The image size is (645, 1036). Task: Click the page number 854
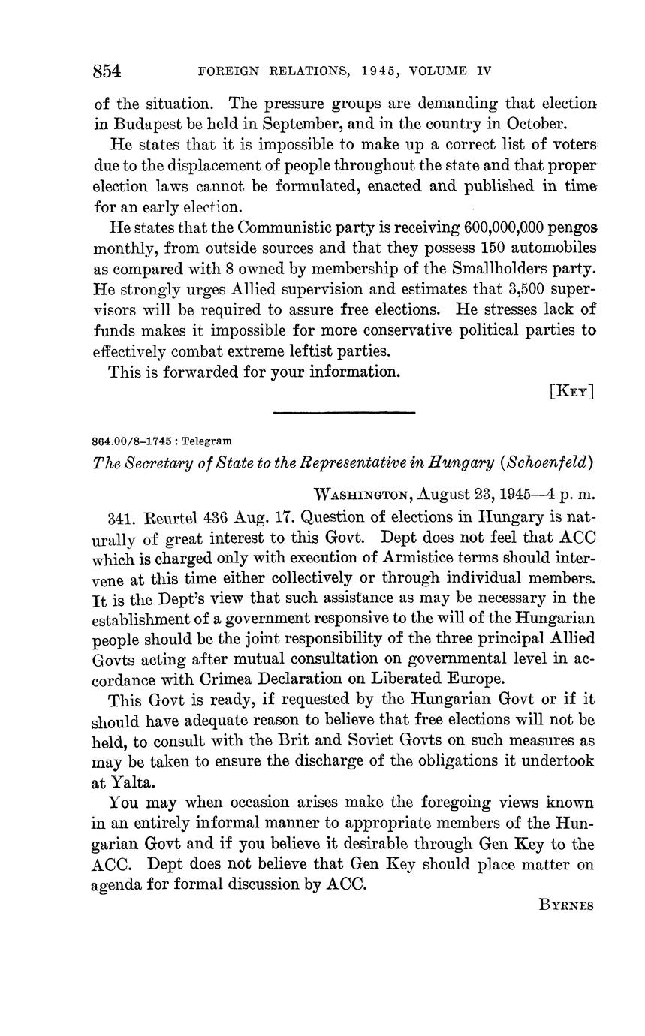coord(107,71)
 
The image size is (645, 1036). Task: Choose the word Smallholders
coord(472,268)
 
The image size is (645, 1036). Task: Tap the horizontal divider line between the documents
coord(344,412)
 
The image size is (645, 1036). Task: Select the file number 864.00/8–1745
coord(134,441)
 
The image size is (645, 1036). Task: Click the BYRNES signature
coord(566,905)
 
